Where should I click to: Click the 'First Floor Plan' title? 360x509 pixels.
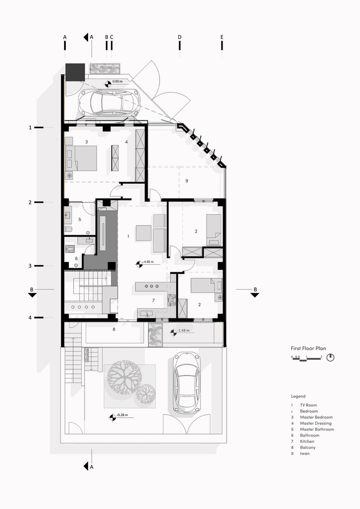[308, 348]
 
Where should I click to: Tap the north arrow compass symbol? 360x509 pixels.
[330, 357]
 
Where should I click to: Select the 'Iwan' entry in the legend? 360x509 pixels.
[304, 454]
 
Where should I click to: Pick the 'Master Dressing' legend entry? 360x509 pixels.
[316, 423]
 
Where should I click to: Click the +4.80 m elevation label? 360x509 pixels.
[148, 262]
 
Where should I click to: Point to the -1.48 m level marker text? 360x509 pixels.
[183, 331]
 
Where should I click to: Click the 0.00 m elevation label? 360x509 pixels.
[117, 81]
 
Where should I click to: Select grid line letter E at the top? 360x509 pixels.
[222, 37]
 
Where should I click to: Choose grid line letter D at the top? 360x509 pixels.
[180, 37]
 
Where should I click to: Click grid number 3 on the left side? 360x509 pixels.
[30, 266]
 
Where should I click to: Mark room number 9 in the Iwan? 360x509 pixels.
[187, 181]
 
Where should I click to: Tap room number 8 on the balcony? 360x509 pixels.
[114, 329]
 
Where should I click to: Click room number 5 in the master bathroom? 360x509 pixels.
[80, 219]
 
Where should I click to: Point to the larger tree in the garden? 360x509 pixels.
[125, 377]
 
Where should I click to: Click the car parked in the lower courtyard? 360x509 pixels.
[187, 382]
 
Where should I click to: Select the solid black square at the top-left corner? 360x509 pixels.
[75, 72]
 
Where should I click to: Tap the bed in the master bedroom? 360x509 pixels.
[82, 158]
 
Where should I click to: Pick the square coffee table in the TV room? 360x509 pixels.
[144, 233]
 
